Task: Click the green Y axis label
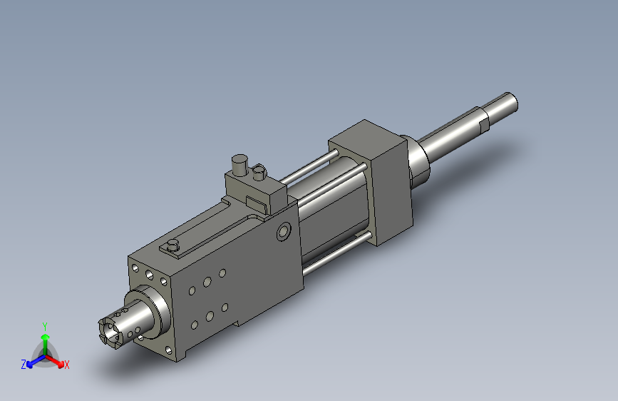44,326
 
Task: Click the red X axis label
66,365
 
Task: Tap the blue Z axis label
24,365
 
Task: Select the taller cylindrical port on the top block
240,165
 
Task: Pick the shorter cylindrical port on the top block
259,173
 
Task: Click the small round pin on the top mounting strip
172,245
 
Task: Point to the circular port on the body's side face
284,231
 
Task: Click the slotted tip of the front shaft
110,333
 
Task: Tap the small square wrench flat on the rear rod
484,125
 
